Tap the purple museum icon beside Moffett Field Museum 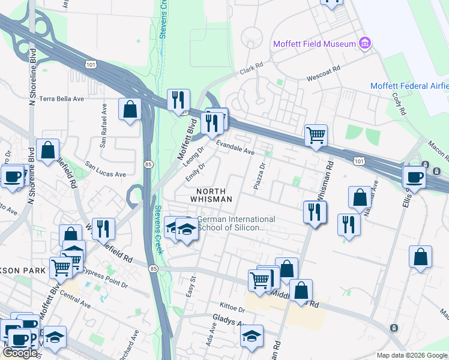click(364, 43)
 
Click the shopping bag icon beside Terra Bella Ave click(130, 110)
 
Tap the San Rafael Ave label click(103, 125)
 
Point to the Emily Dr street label click(196, 173)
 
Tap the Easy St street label click(193, 284)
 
